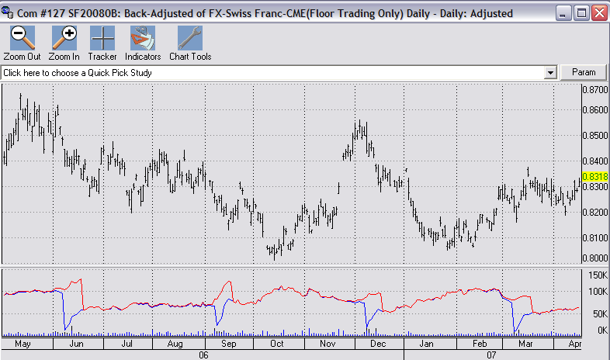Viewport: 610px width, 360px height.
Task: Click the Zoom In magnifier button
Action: (64, 43)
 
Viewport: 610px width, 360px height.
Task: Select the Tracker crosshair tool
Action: (102, 43)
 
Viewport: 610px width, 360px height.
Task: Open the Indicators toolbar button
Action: (143, 43)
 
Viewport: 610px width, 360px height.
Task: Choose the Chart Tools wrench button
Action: (190, 43)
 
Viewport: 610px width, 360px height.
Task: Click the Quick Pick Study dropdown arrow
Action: (550, 72)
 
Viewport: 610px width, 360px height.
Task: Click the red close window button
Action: (598, 13)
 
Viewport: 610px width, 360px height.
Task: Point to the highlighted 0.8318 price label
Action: (594, 177)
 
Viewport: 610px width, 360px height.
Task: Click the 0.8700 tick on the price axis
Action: (594, 90)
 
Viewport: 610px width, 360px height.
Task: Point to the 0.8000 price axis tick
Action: (594, 258)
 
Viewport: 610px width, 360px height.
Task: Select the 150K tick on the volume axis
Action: (597, 275)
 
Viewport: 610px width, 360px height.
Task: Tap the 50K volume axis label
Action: (598, 313)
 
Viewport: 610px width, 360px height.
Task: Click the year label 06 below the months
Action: (204, 354)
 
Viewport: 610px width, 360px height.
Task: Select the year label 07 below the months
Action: (490, 354)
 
